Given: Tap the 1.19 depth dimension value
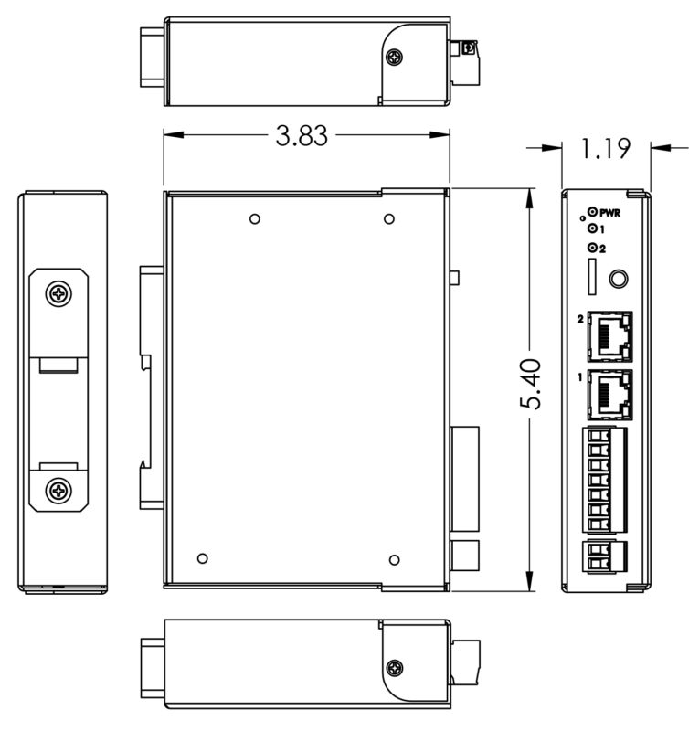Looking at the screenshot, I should (x=605, y=147).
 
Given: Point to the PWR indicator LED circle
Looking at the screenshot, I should (x=592, y=211).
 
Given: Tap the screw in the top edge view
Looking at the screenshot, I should (x=395, y=57).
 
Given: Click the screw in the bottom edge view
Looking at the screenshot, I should (x=395, y=667).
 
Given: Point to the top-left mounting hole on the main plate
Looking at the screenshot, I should (x=255, y=219).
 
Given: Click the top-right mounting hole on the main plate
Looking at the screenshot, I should (x=389, y=219).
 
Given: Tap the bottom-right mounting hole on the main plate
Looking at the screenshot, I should (x=395, y=559).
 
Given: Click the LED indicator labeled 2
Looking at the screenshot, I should (x=592, y=248).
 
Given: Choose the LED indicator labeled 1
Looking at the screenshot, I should (x=592, y=228).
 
